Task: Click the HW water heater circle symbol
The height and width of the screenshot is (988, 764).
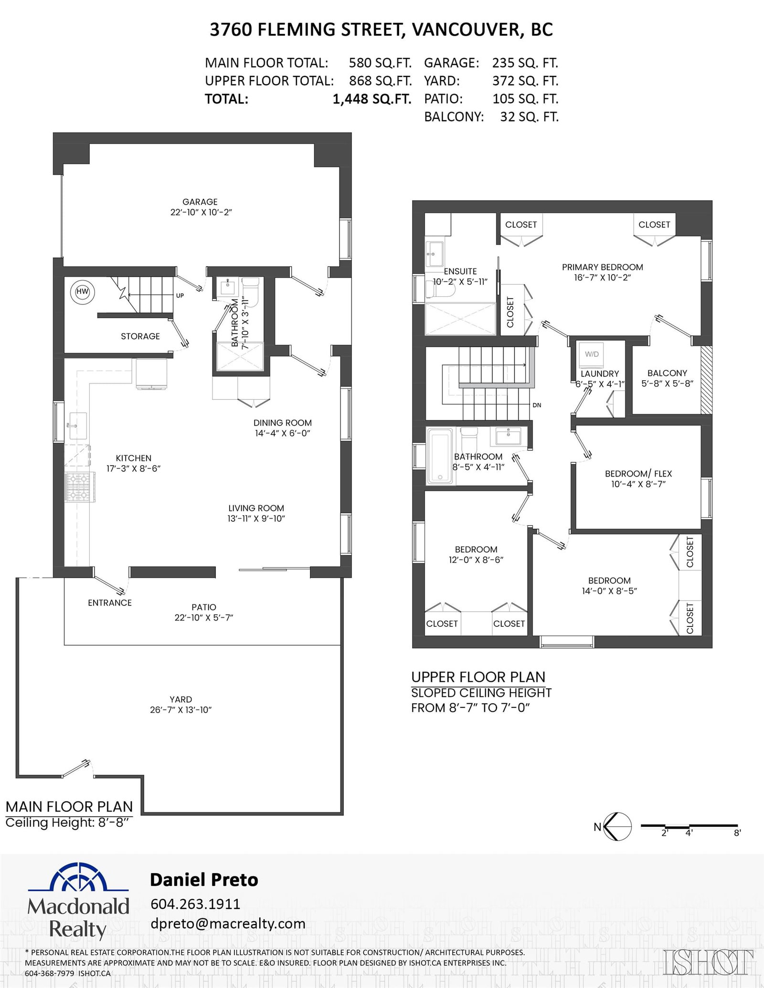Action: point(83,291)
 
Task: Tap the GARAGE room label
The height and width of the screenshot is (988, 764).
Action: point(200,202)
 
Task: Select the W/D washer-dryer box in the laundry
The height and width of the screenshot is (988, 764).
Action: point(592,354)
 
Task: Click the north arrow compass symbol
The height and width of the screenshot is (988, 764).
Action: point(617,826)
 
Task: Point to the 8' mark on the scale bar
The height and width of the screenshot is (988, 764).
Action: point(738,833)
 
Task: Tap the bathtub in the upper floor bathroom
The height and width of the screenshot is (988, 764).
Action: point(439,456)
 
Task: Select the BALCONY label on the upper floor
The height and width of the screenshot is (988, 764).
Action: point(667,373)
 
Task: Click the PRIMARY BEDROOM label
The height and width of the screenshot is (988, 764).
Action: point(602,267)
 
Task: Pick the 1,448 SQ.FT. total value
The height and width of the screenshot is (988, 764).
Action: point(371,99)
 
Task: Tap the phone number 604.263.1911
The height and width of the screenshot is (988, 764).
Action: point(195,904)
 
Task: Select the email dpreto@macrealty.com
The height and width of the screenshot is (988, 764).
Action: point(228,924)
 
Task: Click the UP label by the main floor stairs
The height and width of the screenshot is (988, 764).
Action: point(180,296)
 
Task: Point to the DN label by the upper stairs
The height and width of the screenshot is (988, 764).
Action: point(537,405)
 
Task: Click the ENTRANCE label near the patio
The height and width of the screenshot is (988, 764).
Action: point(110,603)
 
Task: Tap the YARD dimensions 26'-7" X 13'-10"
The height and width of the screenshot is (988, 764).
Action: point(180,709)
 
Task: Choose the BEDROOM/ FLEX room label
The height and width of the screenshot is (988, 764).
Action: point(638,473)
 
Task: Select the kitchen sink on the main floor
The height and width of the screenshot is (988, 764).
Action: point(77,426)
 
